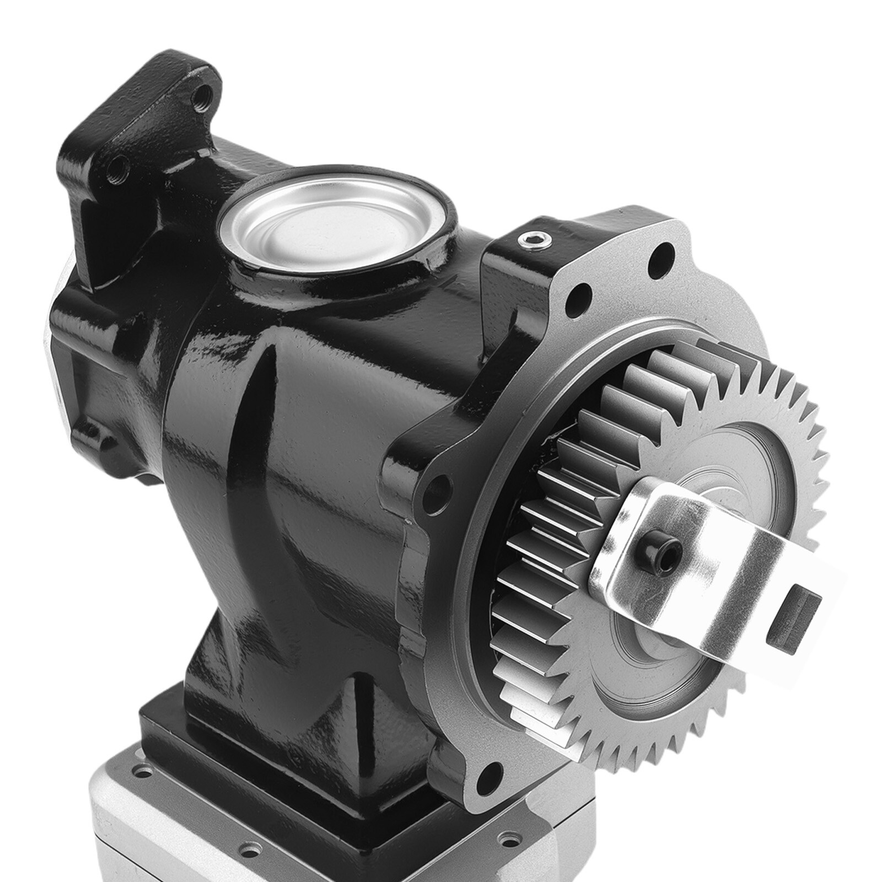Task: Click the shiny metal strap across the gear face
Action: click(711, 557)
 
